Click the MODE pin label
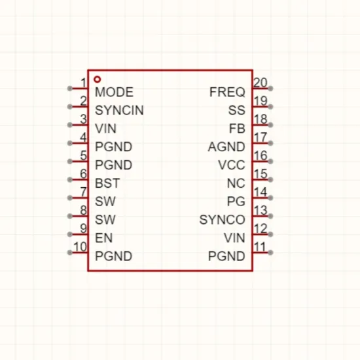114,92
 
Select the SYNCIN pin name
119,110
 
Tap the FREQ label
227,92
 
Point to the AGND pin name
226,147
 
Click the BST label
107,183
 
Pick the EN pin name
104,238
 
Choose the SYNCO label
223,220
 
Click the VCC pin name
232,165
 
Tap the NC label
236,183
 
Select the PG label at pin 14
236,202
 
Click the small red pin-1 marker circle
98,79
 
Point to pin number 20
261,82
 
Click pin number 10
80,247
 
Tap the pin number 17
261,137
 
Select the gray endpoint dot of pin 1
69,88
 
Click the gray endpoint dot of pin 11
271,253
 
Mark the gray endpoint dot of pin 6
69,179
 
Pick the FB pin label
237,128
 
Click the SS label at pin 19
237,110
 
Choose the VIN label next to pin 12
234,238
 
